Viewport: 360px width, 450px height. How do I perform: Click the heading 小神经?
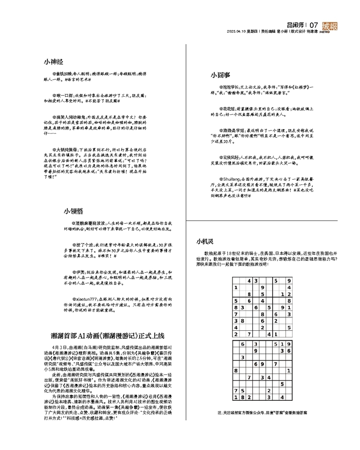53,61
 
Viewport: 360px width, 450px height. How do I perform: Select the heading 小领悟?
74,211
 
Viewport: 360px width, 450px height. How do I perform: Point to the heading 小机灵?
205,242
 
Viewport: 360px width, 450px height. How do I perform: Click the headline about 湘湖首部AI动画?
108,336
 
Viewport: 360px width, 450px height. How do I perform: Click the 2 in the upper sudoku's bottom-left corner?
236,334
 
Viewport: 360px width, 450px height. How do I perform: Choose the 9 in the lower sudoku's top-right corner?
289,343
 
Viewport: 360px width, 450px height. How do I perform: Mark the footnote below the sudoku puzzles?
262,413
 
